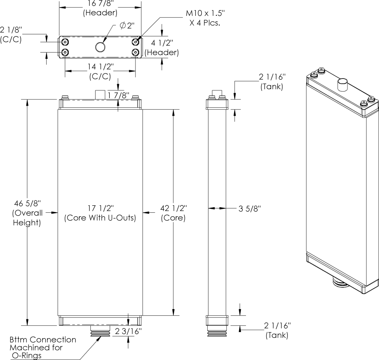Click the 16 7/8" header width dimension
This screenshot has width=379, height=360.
100,4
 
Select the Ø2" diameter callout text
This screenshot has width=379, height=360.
127,25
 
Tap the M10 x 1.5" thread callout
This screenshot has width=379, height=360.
205,13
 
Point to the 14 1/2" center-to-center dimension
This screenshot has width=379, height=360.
100,67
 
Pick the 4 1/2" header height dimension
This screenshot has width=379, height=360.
162,43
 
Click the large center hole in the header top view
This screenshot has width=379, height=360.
100,47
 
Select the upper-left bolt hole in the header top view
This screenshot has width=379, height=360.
65,42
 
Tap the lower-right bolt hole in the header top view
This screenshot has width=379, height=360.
135,52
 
